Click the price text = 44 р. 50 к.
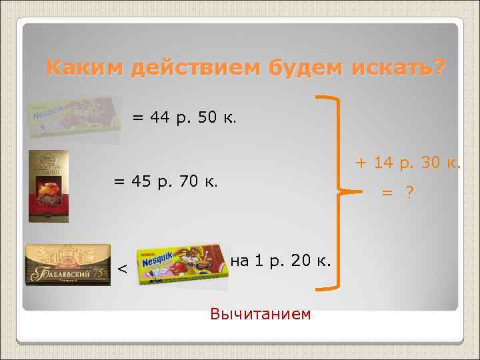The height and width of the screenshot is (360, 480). pyautogui.click(x=184, y=119)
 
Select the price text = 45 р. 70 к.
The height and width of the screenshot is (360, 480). pyautogui.click(x=166, y=181)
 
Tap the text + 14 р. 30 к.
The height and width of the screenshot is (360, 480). pyautogui.click(x=407, y=162)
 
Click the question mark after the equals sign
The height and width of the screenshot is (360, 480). pyautogui.click(x=409, y=193)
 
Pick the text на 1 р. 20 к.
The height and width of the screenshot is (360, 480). pyautogui.click(x=281, y=261)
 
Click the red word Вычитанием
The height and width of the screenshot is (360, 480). pyautogui.click(x=260, y=313)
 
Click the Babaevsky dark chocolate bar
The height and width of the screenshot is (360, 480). pyautogui.click(x=67, y=265)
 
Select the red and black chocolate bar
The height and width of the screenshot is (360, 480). pyautogui.click(x=48, y=186)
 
